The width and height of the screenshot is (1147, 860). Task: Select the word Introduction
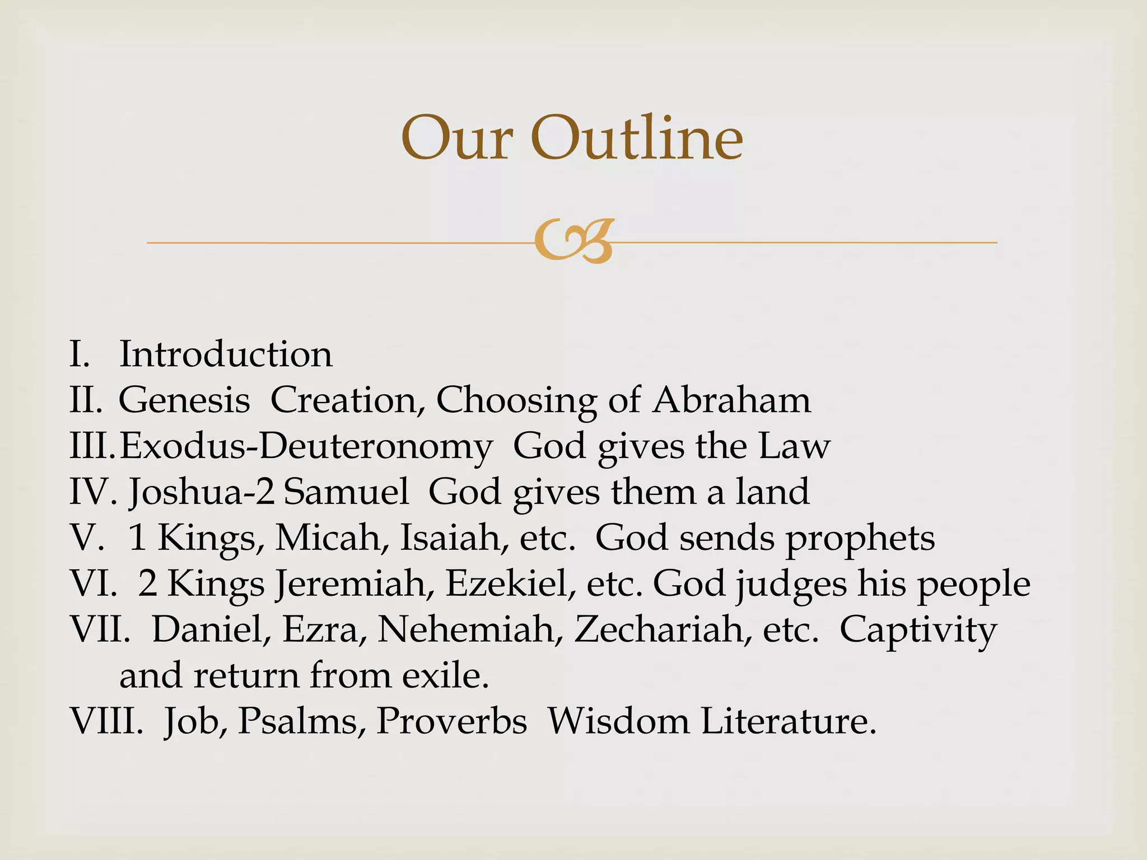[x=226, y=354]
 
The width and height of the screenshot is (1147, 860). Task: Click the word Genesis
[x=184, y=400]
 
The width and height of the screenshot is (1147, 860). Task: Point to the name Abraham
[x=731, y=400]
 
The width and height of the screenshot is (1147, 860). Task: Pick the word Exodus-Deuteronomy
[x=306, y=447]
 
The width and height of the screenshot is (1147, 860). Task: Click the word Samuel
[x=346, y=492]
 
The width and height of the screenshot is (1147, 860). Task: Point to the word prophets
[x=859, y=539]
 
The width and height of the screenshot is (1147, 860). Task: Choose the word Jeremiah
[x=353, y=584]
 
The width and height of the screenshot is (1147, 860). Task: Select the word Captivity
[x=918, y=630]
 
